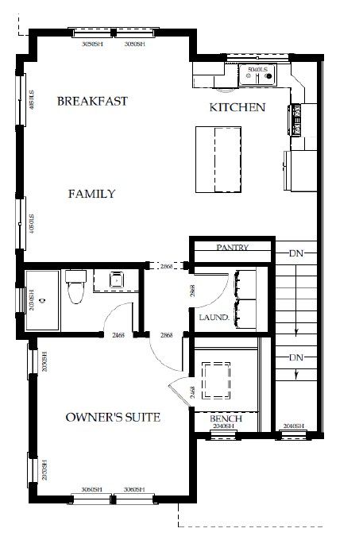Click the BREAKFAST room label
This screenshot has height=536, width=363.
[92, 102]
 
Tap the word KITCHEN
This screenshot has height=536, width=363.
[237, 107]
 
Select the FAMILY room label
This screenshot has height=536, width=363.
[91, 194]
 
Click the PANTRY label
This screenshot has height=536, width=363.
[233, 248]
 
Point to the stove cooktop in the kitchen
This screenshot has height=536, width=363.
[297, 119]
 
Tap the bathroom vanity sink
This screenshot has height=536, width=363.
[115, 280]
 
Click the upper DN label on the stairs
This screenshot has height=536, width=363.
[296, 253]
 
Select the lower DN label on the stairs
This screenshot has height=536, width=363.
[296, 357]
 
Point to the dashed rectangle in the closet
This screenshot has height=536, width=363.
[217, 380]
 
